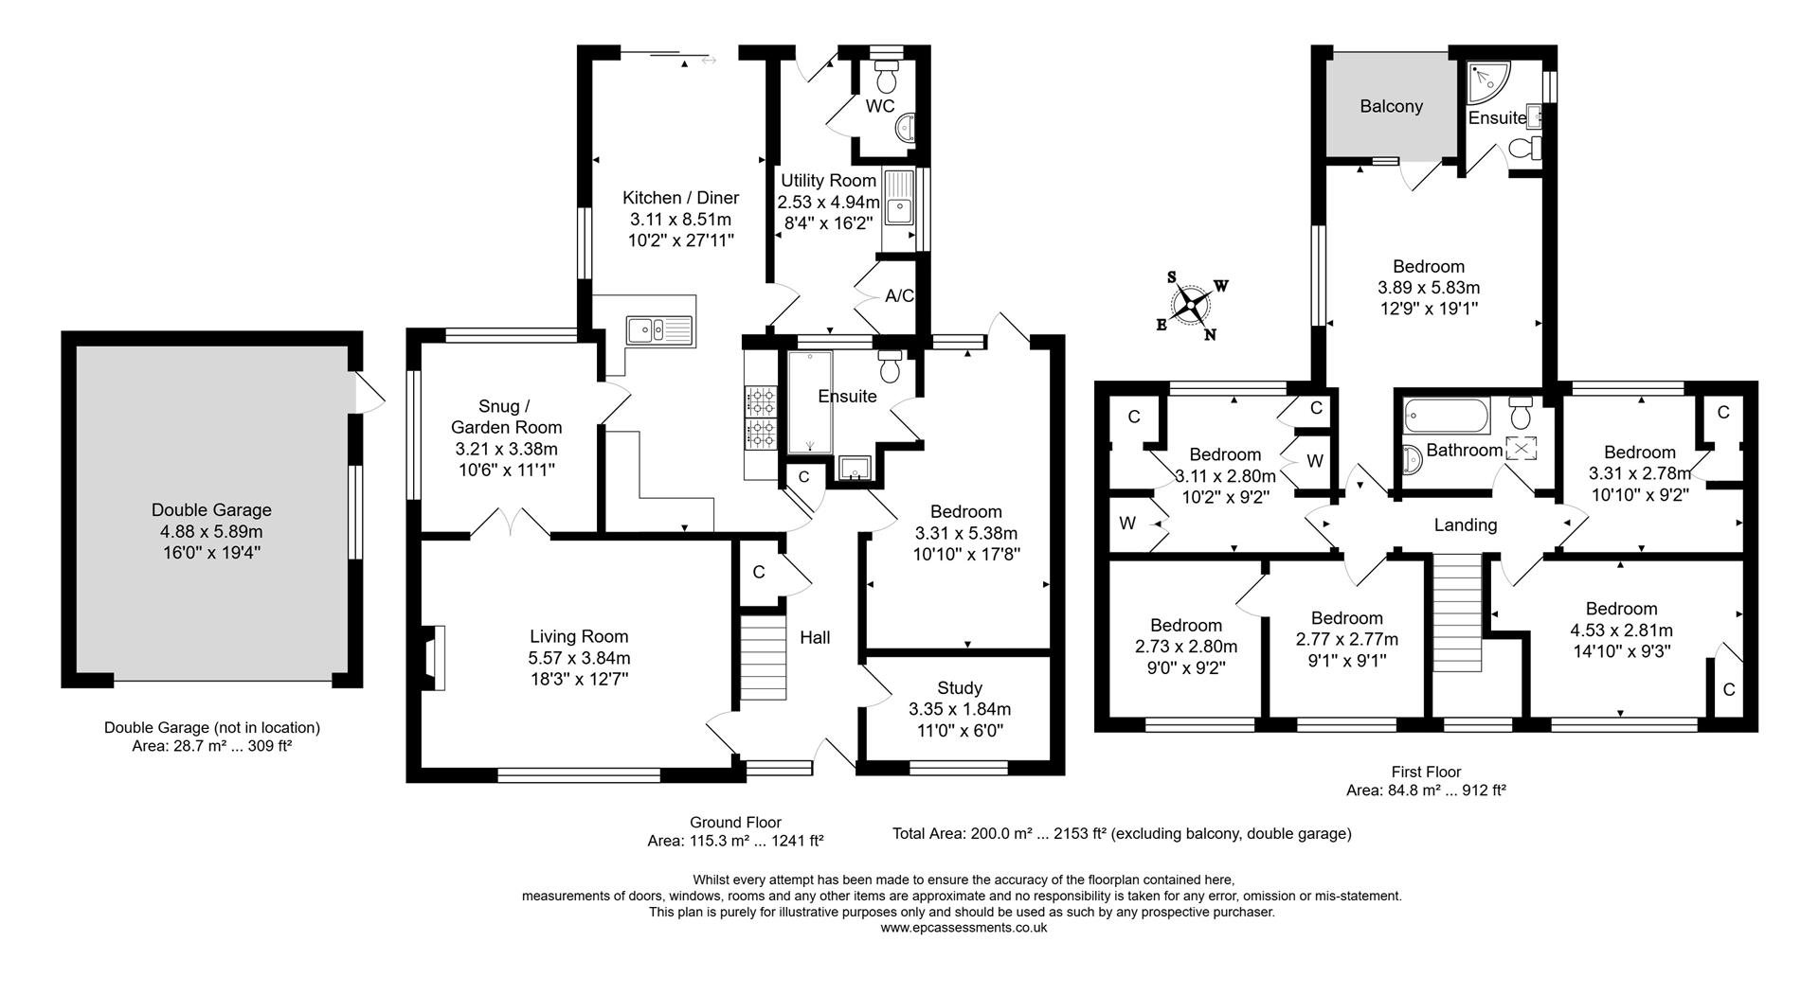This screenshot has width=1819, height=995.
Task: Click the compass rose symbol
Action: pyautogui.click(x=1193, y=305)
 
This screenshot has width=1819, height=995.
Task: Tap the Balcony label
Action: pyautogui.click(x=1391, y=106)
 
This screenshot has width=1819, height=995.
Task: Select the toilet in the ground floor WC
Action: pyautogui.click(x=888, y=73)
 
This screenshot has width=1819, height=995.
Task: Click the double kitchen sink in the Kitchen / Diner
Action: pyautogui.click(x=659, y=329)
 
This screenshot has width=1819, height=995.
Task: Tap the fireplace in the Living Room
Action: pyautogui.click(x=432, y=656)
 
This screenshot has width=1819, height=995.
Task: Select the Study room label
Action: pyautogui.click(x=959, y=687)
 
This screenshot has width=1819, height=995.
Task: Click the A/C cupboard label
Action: pyautogui.click(x=899, y=295)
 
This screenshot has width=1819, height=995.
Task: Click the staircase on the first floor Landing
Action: pyautogui.click(x=1456, y=613)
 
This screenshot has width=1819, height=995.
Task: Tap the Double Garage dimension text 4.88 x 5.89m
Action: pyautogui.click(x=211, y=531)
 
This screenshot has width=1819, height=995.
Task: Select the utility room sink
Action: pyautogui.click(x=897, y=208)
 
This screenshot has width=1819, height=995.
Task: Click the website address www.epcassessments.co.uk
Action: pyautogui.click(x=963, y=929)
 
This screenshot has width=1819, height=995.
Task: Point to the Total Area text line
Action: pyautogui.click(x=1121, y=834)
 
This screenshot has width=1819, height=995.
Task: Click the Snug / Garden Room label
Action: pyautogui.click(x=505, y=417)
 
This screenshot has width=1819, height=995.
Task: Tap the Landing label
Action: pyautogui.click(x=1465, y=524)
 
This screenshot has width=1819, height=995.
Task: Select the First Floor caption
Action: pyautogui.click(x=1426, y=772)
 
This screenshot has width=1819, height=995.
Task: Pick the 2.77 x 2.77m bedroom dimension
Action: pyautogui.click(x=1346, y=639)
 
